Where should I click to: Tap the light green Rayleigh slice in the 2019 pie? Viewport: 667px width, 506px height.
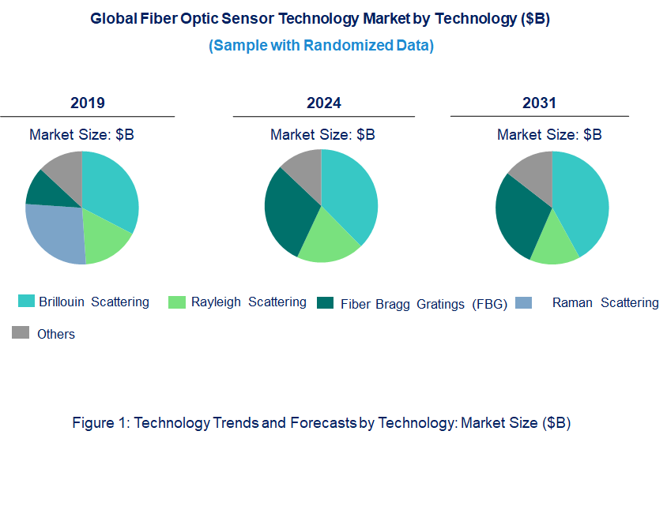106,240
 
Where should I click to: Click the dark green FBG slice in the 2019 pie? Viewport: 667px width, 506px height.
44,187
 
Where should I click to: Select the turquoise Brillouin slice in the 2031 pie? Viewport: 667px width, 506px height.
582,204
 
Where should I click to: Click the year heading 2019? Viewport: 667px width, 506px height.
88,103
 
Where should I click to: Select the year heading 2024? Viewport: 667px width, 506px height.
324,103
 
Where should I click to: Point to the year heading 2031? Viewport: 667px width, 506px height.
539,103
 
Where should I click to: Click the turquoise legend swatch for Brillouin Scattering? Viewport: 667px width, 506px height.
26,301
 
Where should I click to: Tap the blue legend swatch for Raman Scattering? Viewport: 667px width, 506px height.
523,302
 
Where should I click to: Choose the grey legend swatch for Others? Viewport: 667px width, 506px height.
21,332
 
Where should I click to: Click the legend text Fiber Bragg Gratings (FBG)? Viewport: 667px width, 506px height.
424,304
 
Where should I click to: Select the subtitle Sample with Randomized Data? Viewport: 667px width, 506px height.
321,46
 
